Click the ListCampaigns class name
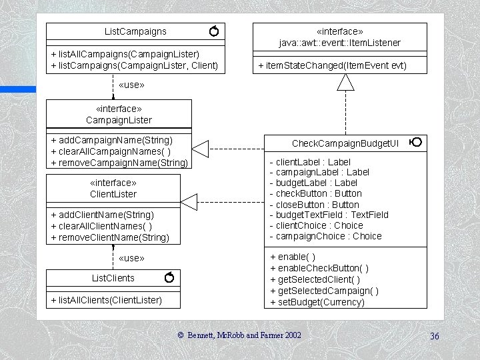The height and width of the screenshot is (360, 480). click(135, 31)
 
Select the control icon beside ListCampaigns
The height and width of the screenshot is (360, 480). click(213, 31)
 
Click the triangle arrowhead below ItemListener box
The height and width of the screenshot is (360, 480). click(345, 82)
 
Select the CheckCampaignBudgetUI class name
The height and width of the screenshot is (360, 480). click(345, 143)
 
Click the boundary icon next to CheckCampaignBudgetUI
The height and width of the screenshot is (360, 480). click(415, 143)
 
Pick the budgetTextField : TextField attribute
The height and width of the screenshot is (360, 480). click(329, 215)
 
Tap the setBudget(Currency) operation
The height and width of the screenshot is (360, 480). click(317, 302)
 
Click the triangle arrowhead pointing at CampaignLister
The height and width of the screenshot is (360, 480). click(201, 148)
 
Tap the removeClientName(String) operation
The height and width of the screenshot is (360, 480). click(110, 237)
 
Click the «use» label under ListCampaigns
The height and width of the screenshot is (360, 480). click(131, 85)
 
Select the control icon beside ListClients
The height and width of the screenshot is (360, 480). click(169, 277)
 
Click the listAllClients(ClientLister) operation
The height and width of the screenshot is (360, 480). click(106, 300)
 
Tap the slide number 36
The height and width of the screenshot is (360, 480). click(434, 336)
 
